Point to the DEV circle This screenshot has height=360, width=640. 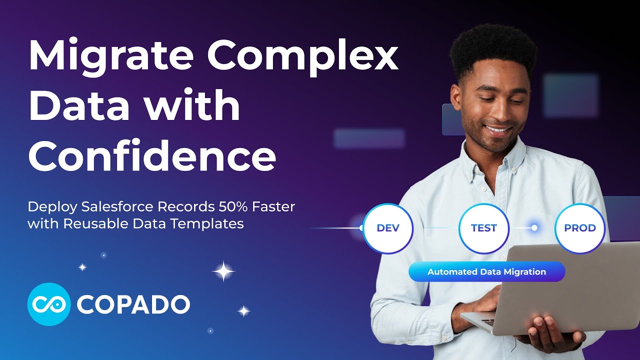pyautogui.click(x=388, y=228)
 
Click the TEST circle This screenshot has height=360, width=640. pyautogui.click(x=483, y=228)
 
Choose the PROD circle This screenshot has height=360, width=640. pyautogui.click(x=580, y=228)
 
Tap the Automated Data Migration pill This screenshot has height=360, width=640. pyautogui.click(x=486, y=272)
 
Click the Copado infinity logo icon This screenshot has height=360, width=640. pyautogui.click(x=48, y=304)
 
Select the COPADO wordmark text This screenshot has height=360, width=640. pyautogui.click(x=133, y=304)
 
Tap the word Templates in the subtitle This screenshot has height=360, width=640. pyautogui.click(x=213, y=223)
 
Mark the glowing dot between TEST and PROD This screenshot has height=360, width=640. pyautogui.click(x=534, y=228)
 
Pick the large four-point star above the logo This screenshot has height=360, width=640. pyautogui.click(x=223, y=272)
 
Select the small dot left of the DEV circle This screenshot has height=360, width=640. pyautogui.click(x=361, y=228)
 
